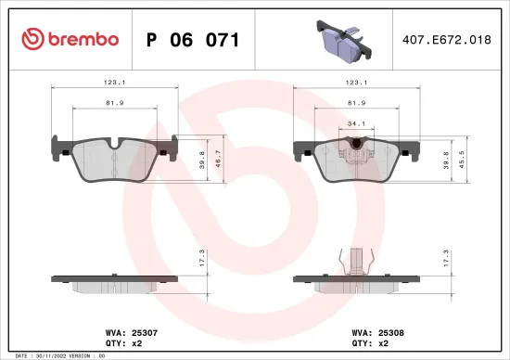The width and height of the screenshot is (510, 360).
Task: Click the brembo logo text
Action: coord(70,39)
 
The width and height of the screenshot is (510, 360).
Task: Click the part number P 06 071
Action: coord(194,40)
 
